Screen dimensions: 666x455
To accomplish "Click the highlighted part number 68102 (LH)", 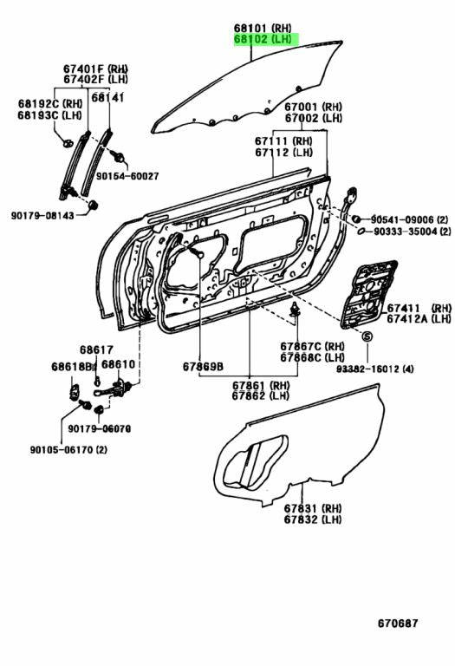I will coord(264,40).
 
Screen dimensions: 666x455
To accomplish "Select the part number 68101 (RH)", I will coord(264,28).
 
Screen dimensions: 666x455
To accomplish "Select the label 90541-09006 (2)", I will coord(412,219).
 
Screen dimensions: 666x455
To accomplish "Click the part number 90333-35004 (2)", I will coord(412,232).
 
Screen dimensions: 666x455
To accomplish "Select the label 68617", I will coord(96,349).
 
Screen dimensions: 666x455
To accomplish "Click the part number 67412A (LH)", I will coord(419,319).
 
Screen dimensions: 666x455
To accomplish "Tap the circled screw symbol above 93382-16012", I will coord(366,336).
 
